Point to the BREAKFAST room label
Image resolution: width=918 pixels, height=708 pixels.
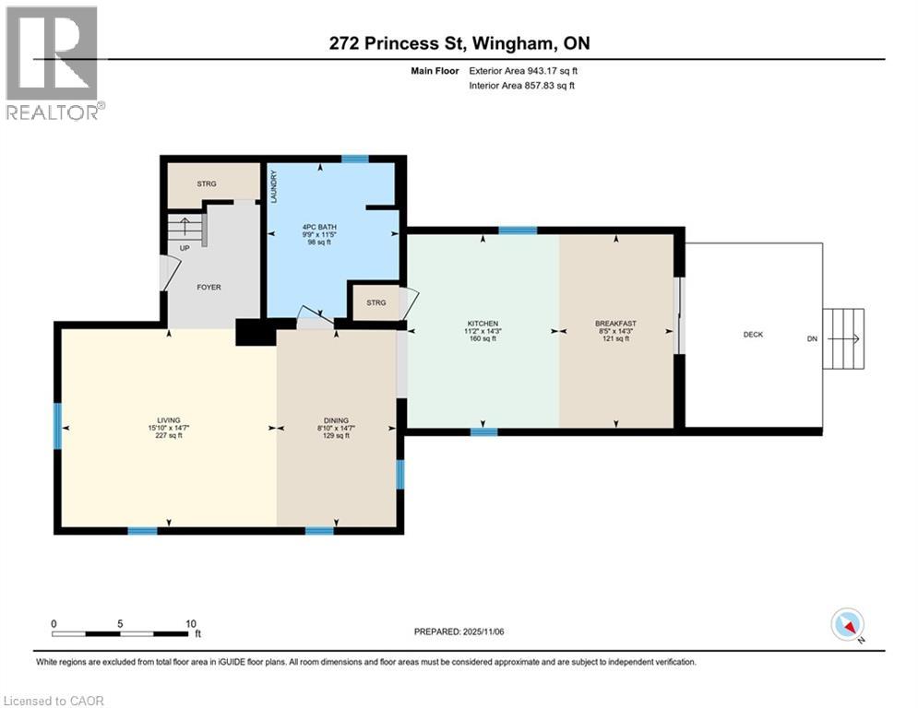point(615,324)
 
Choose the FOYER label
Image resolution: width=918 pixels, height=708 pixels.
point(209,287)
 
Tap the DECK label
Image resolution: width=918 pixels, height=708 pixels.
point(753,335)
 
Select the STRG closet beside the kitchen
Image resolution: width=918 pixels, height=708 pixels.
point(376,302)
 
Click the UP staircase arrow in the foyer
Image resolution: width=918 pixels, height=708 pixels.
point(185,227)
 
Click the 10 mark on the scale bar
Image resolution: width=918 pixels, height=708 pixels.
point(191,623)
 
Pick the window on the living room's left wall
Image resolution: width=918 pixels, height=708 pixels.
point(57,426)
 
